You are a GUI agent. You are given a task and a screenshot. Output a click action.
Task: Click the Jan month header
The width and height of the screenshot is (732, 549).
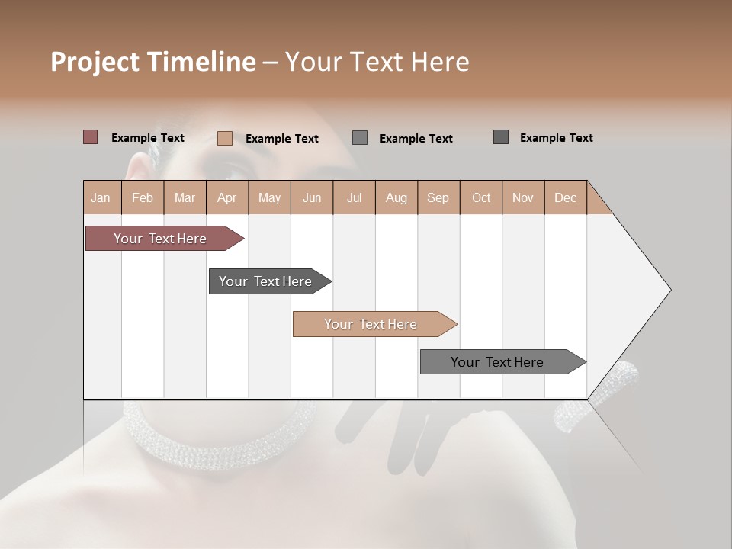point(101,197)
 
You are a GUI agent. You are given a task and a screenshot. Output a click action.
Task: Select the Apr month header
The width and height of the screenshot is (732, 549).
point(226,197)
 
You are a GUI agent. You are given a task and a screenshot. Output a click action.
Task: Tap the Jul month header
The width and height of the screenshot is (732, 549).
point(354,197)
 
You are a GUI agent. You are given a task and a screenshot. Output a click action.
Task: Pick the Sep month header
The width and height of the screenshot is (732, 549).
point(438,197)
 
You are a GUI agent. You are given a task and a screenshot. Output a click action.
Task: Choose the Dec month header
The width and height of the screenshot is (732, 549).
point(565,197)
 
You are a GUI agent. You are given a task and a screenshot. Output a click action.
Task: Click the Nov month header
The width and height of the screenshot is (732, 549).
point(522,197)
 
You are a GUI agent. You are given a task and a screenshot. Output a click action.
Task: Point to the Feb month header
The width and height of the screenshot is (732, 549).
point(143,197)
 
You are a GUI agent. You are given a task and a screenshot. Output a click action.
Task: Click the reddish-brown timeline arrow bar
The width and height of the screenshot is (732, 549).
point(160,239)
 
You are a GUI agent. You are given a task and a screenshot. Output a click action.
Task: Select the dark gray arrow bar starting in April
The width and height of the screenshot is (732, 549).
point(265,281)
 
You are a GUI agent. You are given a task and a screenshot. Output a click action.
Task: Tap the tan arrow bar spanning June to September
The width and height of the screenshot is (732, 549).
point(371,324)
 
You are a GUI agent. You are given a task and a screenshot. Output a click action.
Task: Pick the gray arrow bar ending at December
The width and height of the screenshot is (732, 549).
point(497,362)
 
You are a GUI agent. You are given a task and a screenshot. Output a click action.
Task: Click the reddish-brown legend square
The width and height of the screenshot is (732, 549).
point(90,137)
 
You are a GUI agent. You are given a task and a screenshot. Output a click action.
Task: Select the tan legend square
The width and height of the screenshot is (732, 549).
point(225,138)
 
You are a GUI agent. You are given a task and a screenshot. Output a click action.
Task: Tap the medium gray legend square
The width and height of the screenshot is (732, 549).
point(360,137)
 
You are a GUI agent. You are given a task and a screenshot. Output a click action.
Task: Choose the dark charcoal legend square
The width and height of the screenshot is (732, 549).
point(501,137)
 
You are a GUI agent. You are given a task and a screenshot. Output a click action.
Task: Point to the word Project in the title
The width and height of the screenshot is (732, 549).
point(95,62)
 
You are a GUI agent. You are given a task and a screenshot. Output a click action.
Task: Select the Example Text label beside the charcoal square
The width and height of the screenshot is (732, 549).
point(556,138)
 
